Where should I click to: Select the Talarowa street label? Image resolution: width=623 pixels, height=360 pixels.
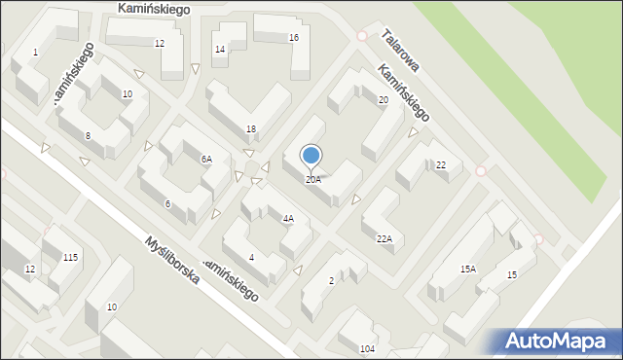400,50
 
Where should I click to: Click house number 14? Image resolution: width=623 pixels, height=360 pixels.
220,50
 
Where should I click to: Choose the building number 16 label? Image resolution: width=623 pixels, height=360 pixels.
293,37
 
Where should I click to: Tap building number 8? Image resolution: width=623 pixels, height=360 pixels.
88,135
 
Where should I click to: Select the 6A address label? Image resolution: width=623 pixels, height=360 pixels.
206,159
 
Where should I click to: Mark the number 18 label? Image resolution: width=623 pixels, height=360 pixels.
251,129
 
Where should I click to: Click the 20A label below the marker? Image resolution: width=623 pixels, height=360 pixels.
312,180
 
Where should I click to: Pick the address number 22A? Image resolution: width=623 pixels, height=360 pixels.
384,238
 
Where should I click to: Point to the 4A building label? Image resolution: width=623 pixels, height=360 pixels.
288,219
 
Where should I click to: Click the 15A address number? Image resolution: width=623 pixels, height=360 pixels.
467,269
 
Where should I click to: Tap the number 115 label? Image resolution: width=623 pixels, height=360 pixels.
70,257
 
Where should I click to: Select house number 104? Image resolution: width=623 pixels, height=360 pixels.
366,348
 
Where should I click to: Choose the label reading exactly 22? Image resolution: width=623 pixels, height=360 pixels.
441,165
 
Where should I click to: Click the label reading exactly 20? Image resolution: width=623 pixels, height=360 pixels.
384,100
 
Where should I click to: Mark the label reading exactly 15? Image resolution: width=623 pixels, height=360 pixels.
512,275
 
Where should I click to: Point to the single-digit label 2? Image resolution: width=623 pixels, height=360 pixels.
331,281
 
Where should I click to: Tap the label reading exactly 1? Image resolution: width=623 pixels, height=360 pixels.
35,52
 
